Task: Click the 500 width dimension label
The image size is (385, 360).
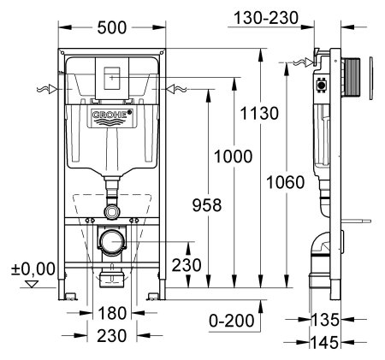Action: (112, 28)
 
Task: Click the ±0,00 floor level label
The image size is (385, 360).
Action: (31, 270)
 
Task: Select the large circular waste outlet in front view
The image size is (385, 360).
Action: (111, 242)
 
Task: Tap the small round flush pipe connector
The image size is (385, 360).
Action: (112, 210)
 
